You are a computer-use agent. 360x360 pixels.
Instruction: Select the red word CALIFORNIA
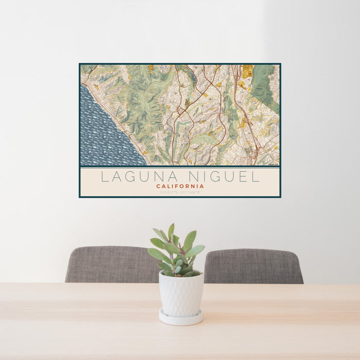pos(180,186)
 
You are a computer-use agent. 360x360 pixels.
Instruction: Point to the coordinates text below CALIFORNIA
pos(180,192)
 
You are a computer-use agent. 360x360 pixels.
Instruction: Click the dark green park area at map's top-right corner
pos(264,82)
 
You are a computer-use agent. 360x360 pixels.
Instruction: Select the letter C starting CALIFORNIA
pos(158,186)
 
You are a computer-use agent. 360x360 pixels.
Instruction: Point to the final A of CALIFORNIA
pos(202,186)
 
